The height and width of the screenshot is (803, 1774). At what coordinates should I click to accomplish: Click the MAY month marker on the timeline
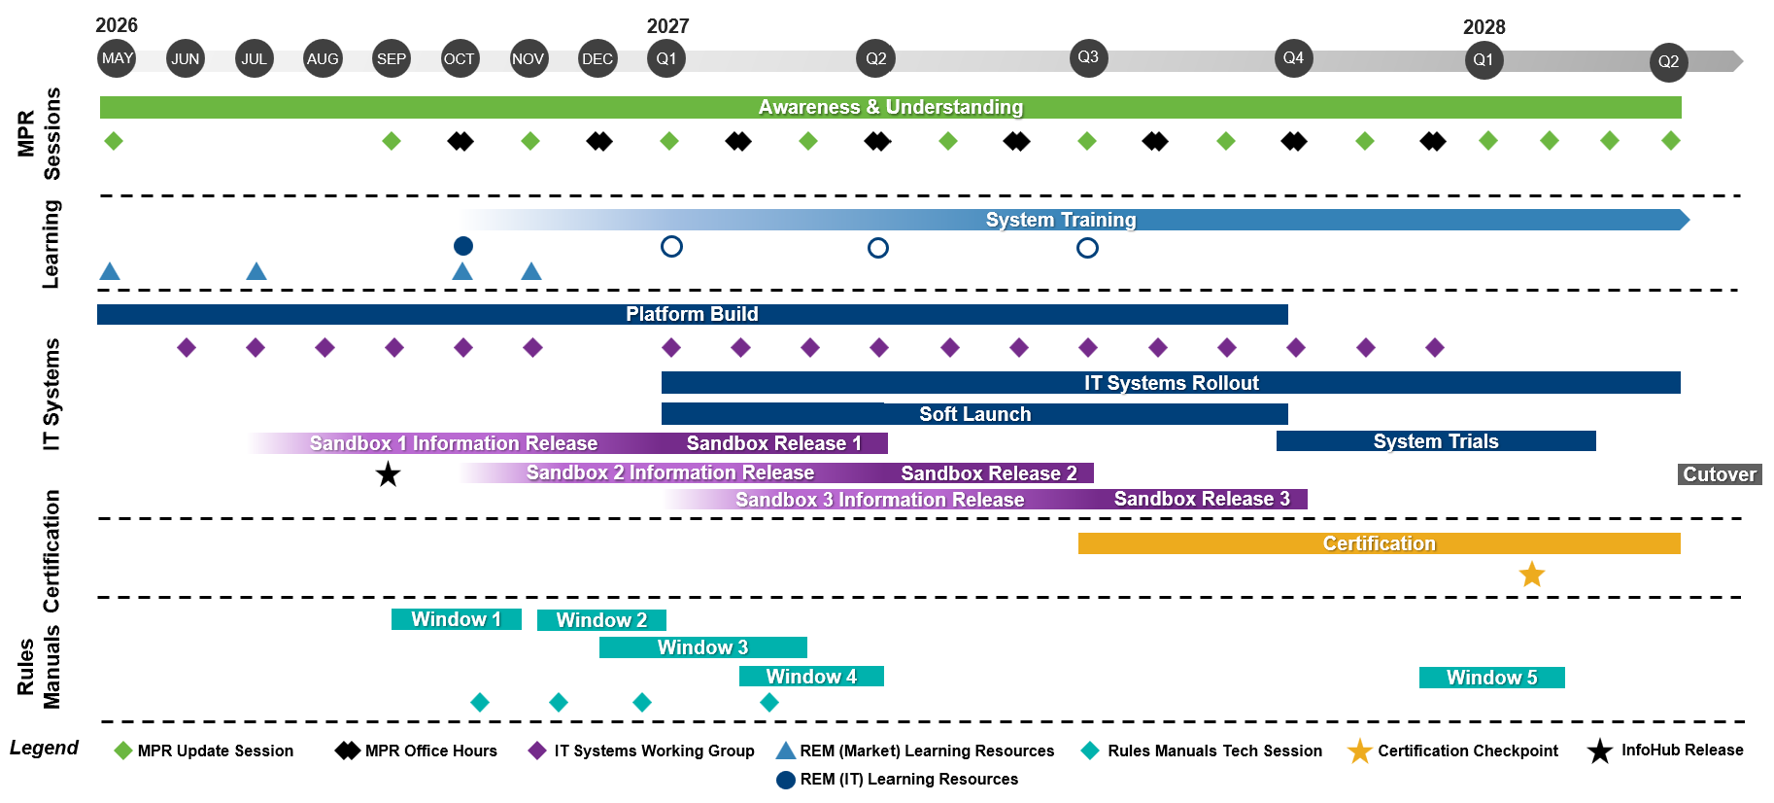point(118,58)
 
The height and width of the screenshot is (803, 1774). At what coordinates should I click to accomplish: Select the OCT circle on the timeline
point(460,58)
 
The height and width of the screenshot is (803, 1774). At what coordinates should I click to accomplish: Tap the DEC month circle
point(597,58)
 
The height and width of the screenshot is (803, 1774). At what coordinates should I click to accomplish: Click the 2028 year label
point(1484,27)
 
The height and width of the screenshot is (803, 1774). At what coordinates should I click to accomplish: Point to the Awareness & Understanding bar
point(891,107)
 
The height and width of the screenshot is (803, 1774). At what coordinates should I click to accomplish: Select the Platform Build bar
point(693,314)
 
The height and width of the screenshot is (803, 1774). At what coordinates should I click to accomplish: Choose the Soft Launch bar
point(974,414)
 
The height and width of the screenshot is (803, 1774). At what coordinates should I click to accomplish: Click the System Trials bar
point(1436,441)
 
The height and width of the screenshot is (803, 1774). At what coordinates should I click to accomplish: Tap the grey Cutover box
point(1720,474)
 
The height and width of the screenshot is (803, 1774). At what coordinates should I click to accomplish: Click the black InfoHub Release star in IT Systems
point(388,474)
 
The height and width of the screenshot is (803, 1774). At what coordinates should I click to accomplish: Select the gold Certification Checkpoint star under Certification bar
point(1532,575)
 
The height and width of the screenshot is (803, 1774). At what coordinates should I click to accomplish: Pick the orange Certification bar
point(1380,543)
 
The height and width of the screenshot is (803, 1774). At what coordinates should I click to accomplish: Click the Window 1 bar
point(457,619)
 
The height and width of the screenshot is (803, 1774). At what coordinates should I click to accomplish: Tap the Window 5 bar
point(1492,678)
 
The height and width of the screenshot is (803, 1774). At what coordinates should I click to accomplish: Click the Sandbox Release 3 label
point(1202,499)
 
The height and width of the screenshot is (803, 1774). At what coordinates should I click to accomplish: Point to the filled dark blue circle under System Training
point(463,246)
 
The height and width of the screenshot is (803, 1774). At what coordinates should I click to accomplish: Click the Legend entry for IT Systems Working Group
point(641,751)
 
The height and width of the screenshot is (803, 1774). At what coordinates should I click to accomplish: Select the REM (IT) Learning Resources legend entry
point(897,779)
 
